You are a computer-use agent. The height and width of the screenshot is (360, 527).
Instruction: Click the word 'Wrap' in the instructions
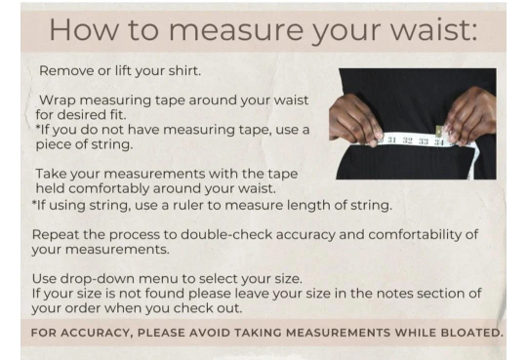tap(58, 100)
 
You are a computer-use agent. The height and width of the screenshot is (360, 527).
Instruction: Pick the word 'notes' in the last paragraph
tap(395, 294)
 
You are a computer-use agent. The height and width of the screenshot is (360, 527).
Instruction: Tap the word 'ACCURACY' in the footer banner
tap(96, 333)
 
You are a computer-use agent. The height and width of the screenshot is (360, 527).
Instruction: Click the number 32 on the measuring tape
tap(408, 140)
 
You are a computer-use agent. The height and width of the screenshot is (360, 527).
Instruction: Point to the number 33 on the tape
tap(424, 141)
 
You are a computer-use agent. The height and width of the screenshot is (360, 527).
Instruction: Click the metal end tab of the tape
tap(439, 131)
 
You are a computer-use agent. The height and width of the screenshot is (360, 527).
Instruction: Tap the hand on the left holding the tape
tap(355, 120)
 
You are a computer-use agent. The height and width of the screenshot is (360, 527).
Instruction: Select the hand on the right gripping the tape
tap(469, 116)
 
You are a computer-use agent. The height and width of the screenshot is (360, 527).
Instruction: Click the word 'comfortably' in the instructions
tap(109, 189)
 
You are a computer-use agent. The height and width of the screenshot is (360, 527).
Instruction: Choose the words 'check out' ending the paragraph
tap(208, 308)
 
